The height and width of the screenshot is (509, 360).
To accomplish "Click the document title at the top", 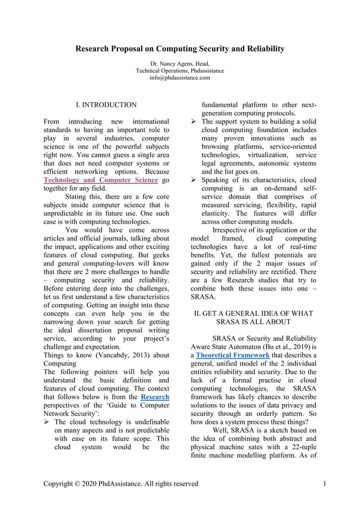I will [x=180, y=49].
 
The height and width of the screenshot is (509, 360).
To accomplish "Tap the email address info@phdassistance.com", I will [x=179, y=78].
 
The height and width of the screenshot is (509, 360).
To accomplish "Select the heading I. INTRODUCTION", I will [x=106, y=105].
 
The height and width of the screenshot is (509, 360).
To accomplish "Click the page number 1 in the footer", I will [x=326, y=484].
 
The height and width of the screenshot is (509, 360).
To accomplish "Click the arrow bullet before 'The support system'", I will [x=194, y=122].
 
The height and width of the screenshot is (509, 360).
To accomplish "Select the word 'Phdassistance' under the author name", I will [x=201, y=71].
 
